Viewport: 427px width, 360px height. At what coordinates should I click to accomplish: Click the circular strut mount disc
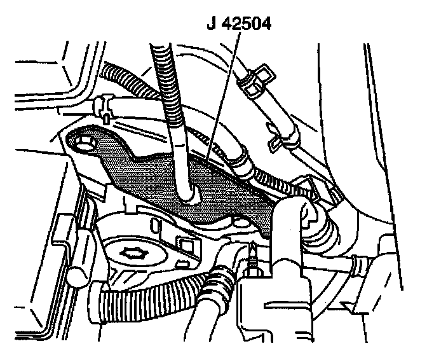tap(137, 254)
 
